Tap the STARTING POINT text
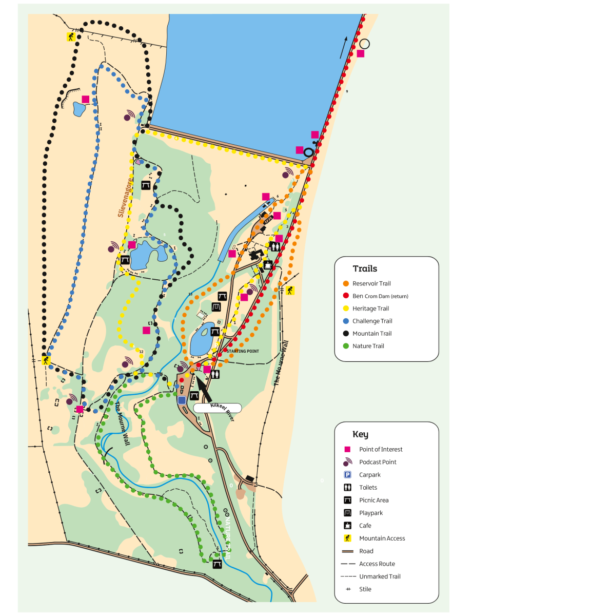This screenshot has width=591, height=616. (243, 351)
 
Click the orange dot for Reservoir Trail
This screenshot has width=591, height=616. (346, 283)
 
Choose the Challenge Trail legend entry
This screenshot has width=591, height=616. (372, 321)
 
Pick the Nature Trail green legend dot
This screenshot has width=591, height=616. (346, 346)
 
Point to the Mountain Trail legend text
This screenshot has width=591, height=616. (372, 333)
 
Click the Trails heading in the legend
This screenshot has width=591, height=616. (365, 268)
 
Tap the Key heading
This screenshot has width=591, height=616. (360, 434)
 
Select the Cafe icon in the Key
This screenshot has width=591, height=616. (347, 526)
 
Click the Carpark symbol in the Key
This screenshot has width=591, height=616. (347, 475)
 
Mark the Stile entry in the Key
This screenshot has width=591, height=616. (365, 589)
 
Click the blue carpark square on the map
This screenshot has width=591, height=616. (182, 400)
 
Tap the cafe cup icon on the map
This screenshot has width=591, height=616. (267, 265)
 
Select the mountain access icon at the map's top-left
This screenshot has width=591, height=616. (71, 37)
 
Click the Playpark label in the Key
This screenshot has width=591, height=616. (371, 513)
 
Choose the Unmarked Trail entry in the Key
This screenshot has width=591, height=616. (380, 576)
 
